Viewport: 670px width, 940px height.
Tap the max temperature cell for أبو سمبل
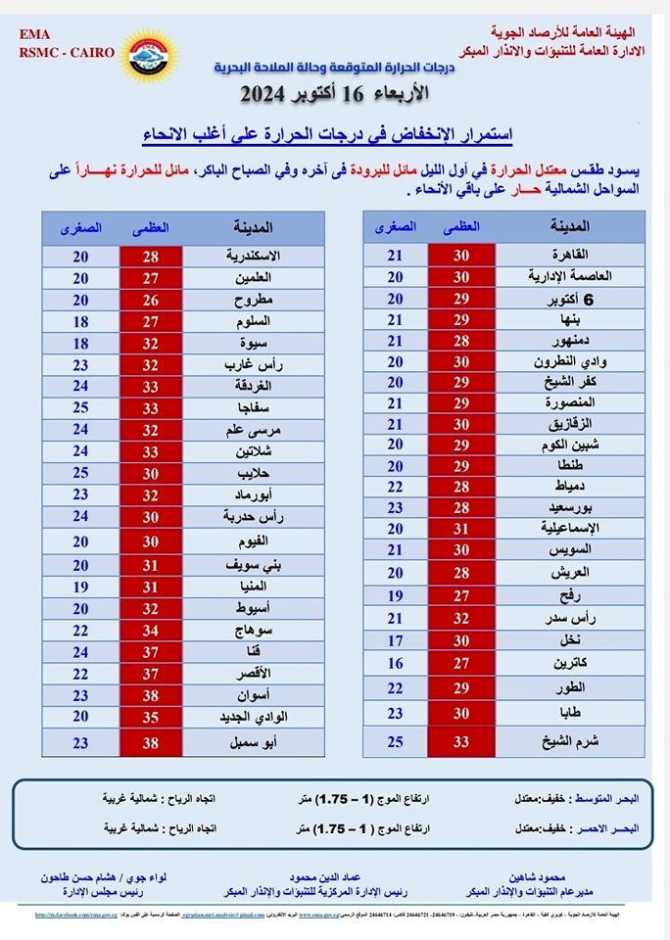tap(150, 742)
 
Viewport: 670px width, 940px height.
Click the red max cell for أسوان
tap(150, 694)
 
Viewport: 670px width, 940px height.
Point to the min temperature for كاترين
tap(395, 662)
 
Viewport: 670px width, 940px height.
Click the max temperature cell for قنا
tap(150, 651)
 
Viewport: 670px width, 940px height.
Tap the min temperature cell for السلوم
tap(81, 321)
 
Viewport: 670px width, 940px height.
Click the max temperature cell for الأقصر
tap(150, 673)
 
